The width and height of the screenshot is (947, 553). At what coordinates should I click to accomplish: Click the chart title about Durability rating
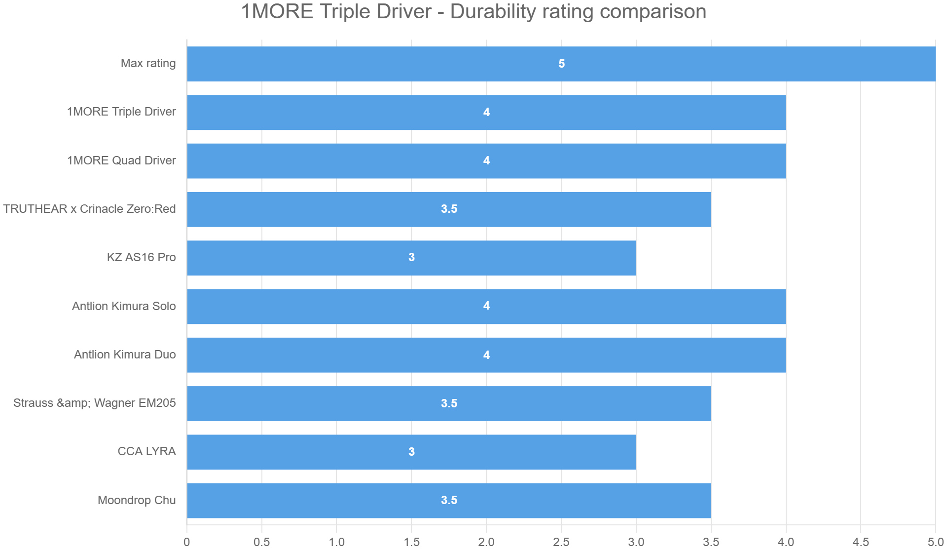click(x=473, y=12)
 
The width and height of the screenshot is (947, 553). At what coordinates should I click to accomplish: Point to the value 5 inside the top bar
click(x=561, y=64)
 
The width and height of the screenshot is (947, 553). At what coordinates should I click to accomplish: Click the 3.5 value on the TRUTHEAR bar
click(x=449, y=209)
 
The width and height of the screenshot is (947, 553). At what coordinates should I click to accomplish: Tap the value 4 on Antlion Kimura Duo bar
click(x=486, y=355)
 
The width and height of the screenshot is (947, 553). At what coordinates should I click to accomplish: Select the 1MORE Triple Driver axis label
click(x=121, y=112)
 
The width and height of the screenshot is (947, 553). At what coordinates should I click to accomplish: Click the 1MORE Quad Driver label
click(x=121, y=160)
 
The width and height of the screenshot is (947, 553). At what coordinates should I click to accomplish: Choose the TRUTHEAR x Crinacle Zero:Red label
click(x=89, y=209)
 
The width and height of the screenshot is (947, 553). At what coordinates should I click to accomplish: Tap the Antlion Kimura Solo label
click(x=124, y=306)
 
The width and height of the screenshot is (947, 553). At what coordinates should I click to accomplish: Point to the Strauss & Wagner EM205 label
click(x=94, y=403)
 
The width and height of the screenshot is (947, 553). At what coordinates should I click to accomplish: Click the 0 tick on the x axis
click(x=186, y=542)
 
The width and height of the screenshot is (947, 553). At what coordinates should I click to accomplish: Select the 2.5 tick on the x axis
click(x=561, y=542)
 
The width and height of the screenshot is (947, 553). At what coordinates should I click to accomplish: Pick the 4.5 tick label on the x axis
click(x=861, y=542)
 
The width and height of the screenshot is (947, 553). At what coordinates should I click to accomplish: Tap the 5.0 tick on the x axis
click(x=935, y=542)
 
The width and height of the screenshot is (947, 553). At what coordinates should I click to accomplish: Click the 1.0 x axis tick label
click(x=336, y=542)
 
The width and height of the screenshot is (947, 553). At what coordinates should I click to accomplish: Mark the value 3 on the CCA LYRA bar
click(x=411, y=452)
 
